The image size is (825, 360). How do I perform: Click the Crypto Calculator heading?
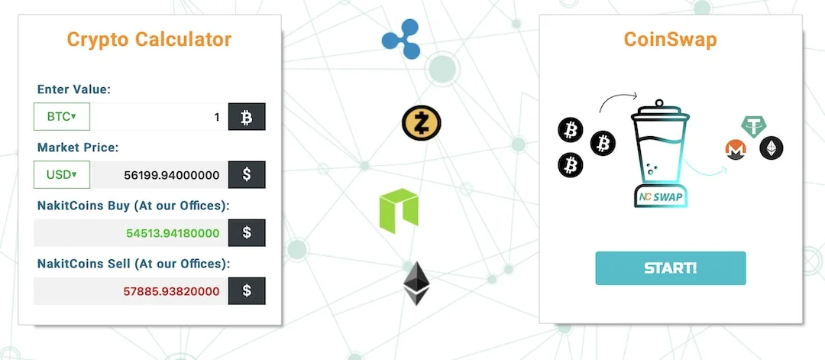150,40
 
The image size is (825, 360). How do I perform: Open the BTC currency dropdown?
62,116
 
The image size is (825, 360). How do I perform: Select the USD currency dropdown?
62,174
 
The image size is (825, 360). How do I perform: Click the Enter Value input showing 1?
159,116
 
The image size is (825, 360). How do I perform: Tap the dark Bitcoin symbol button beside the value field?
247,116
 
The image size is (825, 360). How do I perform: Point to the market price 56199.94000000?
172,175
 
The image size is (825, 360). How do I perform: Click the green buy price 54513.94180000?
173,232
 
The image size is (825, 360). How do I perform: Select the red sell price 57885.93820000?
172,291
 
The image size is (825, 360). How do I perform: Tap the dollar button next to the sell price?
247,291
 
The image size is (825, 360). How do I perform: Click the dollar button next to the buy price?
247,232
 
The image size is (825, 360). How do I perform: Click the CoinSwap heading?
671,40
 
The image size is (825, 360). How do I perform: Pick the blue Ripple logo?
402,39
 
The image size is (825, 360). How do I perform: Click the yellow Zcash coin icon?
422,122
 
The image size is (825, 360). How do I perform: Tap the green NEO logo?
399,210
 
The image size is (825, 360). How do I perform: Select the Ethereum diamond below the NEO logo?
416,283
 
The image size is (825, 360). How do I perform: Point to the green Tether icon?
754,126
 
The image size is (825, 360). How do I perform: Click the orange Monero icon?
737,150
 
